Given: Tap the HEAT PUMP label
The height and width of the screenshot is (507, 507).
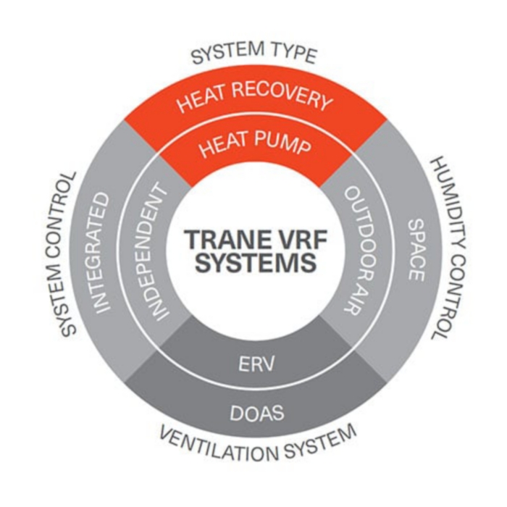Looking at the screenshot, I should tap(254, 147).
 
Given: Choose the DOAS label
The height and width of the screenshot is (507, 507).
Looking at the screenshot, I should tap(253, 414).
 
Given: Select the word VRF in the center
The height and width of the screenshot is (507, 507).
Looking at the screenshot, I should tap(290, 240).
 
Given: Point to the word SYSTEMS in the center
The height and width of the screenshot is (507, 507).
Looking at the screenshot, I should tap(253, 263).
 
